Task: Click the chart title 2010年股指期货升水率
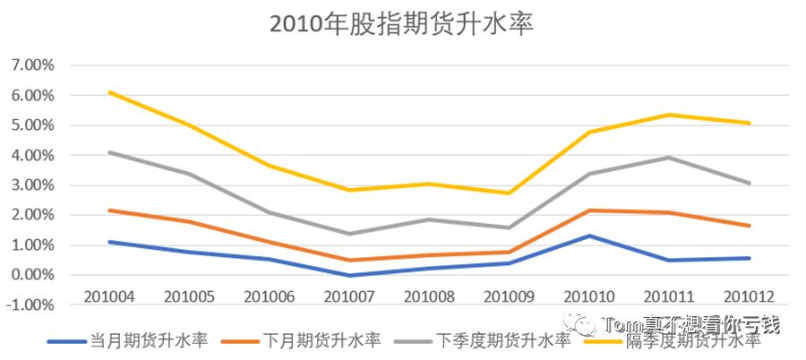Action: tap(402, 24)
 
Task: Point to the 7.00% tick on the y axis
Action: tap(31, 65)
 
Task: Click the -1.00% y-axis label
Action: tap(30, 304)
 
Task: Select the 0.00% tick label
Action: tap(31, 275)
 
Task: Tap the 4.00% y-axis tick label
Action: tap(31, 155)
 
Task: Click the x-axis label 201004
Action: tap(108, 295)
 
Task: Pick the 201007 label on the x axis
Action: tap(350, 295)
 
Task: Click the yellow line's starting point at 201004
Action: tap(108, 92)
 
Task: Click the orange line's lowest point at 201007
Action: tap(350, 261)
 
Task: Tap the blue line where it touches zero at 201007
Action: tap(350, 275)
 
